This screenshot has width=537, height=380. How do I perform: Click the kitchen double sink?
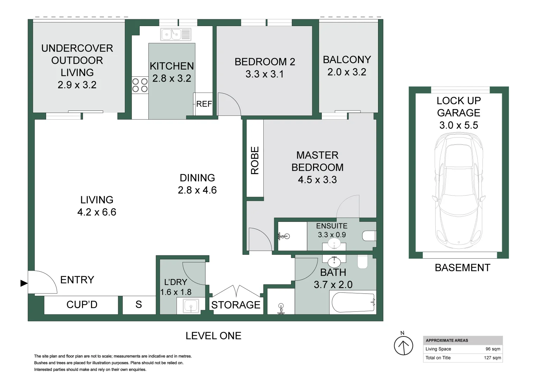176,34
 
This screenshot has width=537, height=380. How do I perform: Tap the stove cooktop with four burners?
140,85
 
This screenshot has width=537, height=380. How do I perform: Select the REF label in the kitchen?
204,104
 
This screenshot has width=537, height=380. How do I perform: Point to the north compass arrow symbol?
403,345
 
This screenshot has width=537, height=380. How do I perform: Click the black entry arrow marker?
24,283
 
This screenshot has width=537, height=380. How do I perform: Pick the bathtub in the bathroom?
353,302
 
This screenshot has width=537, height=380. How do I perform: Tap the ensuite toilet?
369,235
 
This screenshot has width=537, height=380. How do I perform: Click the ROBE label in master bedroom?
255,160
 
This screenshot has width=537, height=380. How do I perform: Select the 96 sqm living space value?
493,349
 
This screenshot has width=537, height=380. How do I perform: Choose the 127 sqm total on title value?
492,358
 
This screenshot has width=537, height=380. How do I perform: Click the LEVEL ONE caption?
213,336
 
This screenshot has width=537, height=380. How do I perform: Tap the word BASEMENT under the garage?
462,268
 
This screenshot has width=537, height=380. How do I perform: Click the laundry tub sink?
191,305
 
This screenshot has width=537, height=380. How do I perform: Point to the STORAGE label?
236,305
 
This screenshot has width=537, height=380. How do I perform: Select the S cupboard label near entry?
139,305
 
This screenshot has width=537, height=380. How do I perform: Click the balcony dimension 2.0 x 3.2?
347,72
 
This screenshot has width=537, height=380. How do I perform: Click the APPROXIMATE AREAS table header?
447,340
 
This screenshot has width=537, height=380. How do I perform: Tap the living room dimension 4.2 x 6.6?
97,212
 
